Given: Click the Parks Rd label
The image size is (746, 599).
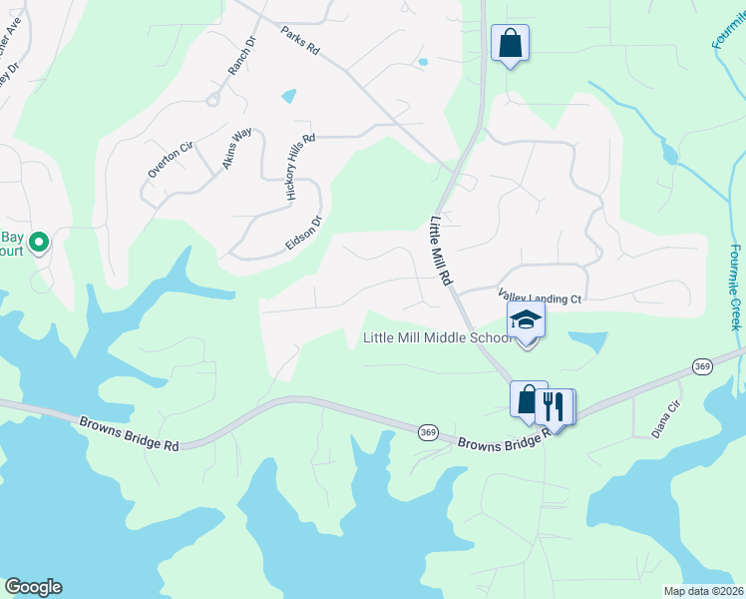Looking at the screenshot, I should [x=299, y=41].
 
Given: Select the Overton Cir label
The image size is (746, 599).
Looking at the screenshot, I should [x=169, y=160].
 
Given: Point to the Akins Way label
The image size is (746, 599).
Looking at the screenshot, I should [x=236, y=148].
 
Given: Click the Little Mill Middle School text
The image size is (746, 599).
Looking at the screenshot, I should [x=437, y=338].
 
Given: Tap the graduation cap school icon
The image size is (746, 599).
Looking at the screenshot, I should [x=526, y=319].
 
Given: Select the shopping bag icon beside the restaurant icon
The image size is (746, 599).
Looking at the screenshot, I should [x=529, y=398].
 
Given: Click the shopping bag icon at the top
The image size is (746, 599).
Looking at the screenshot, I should [x=510, y=42].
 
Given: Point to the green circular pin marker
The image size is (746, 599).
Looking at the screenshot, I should [x=39, y=242].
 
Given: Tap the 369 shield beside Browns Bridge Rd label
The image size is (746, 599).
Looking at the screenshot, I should [x=428, y=431].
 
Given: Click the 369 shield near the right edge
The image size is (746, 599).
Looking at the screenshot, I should [x=702, y=368].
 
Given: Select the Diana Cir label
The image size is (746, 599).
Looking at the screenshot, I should [x=665, y=408].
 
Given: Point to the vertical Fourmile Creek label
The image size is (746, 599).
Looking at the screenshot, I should [x=734, y=287].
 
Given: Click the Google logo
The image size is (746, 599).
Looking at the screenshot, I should [x=33, y=587].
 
